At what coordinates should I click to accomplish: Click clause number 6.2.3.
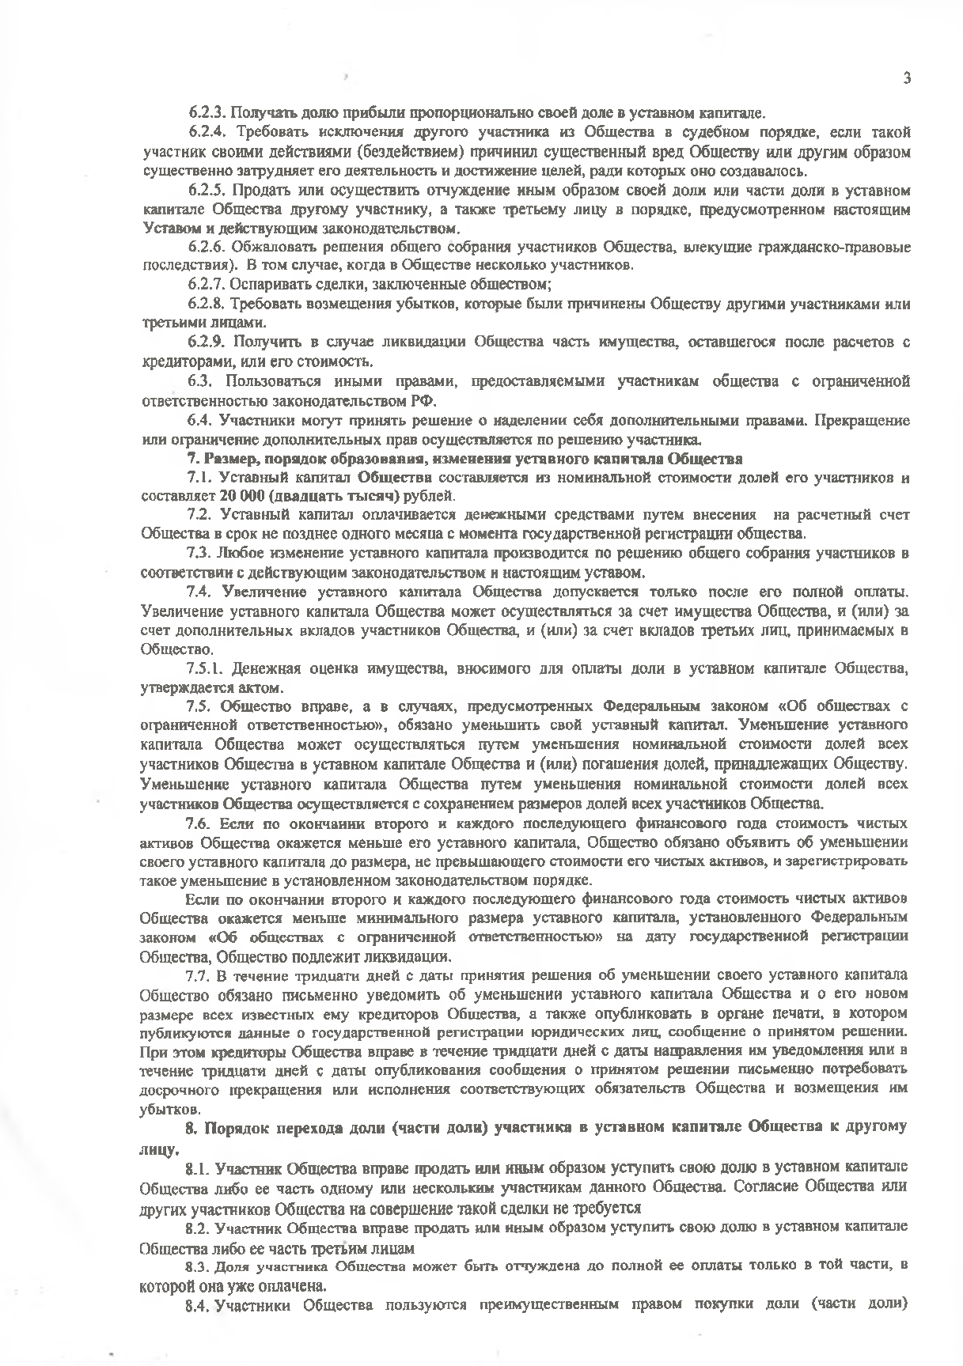tap(206, 112)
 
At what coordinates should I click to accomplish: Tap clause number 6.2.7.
tap(206, 283)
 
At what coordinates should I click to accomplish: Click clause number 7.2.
tap(200, 515)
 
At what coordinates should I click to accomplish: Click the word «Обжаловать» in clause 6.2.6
tap(270, 247)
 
